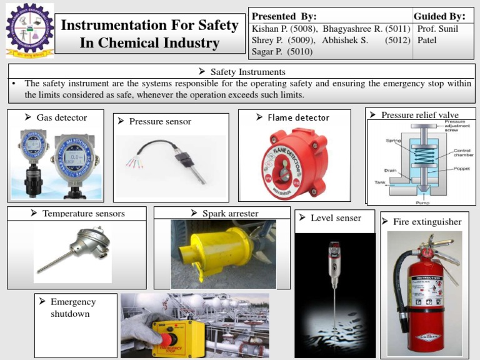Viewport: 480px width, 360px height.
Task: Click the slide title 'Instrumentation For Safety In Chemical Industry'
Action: (149, 34)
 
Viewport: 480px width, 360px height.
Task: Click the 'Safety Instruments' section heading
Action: (247, 72)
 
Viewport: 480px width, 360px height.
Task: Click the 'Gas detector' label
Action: (61, 117)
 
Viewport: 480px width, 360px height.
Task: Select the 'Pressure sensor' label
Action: (160, 121)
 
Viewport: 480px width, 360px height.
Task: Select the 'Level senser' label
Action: (336, 218)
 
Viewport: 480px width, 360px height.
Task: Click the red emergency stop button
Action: (169, 335)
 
